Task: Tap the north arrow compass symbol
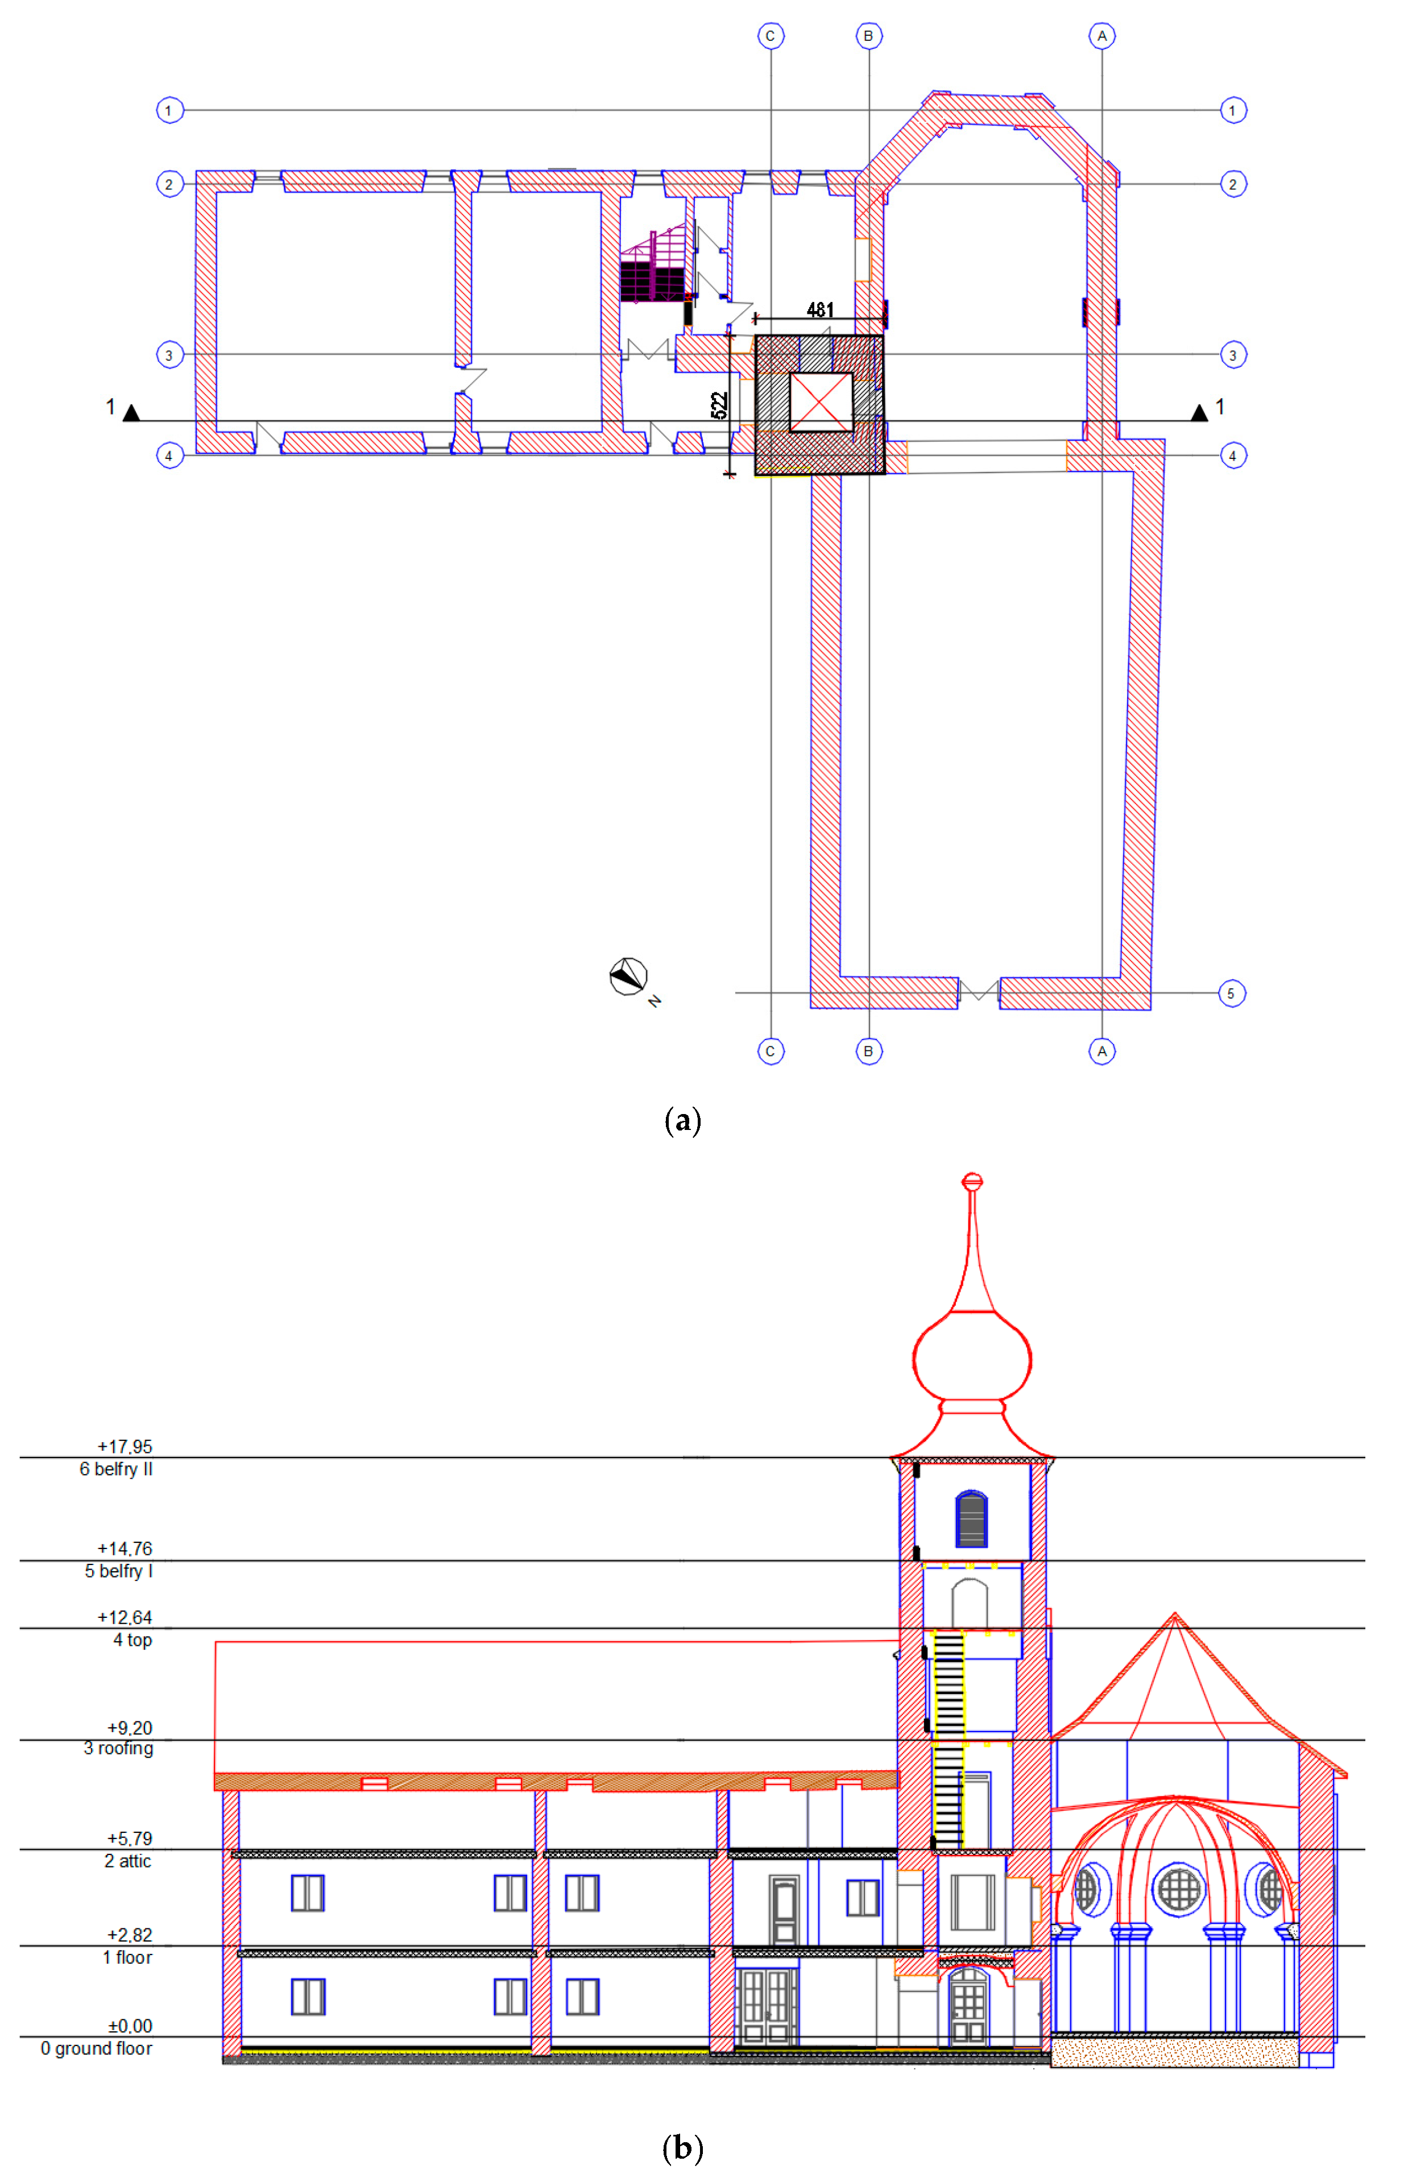(629, 976)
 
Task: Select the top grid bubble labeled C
(771, 36)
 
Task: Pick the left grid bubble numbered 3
(169, 355)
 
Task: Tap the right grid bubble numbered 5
(1232, 993)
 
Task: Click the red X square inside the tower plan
(820, 401)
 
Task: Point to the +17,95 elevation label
(125, 1446)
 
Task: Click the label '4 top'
(132, 1640)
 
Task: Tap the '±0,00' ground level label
(130, 2026)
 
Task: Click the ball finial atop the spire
(973, 1181)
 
